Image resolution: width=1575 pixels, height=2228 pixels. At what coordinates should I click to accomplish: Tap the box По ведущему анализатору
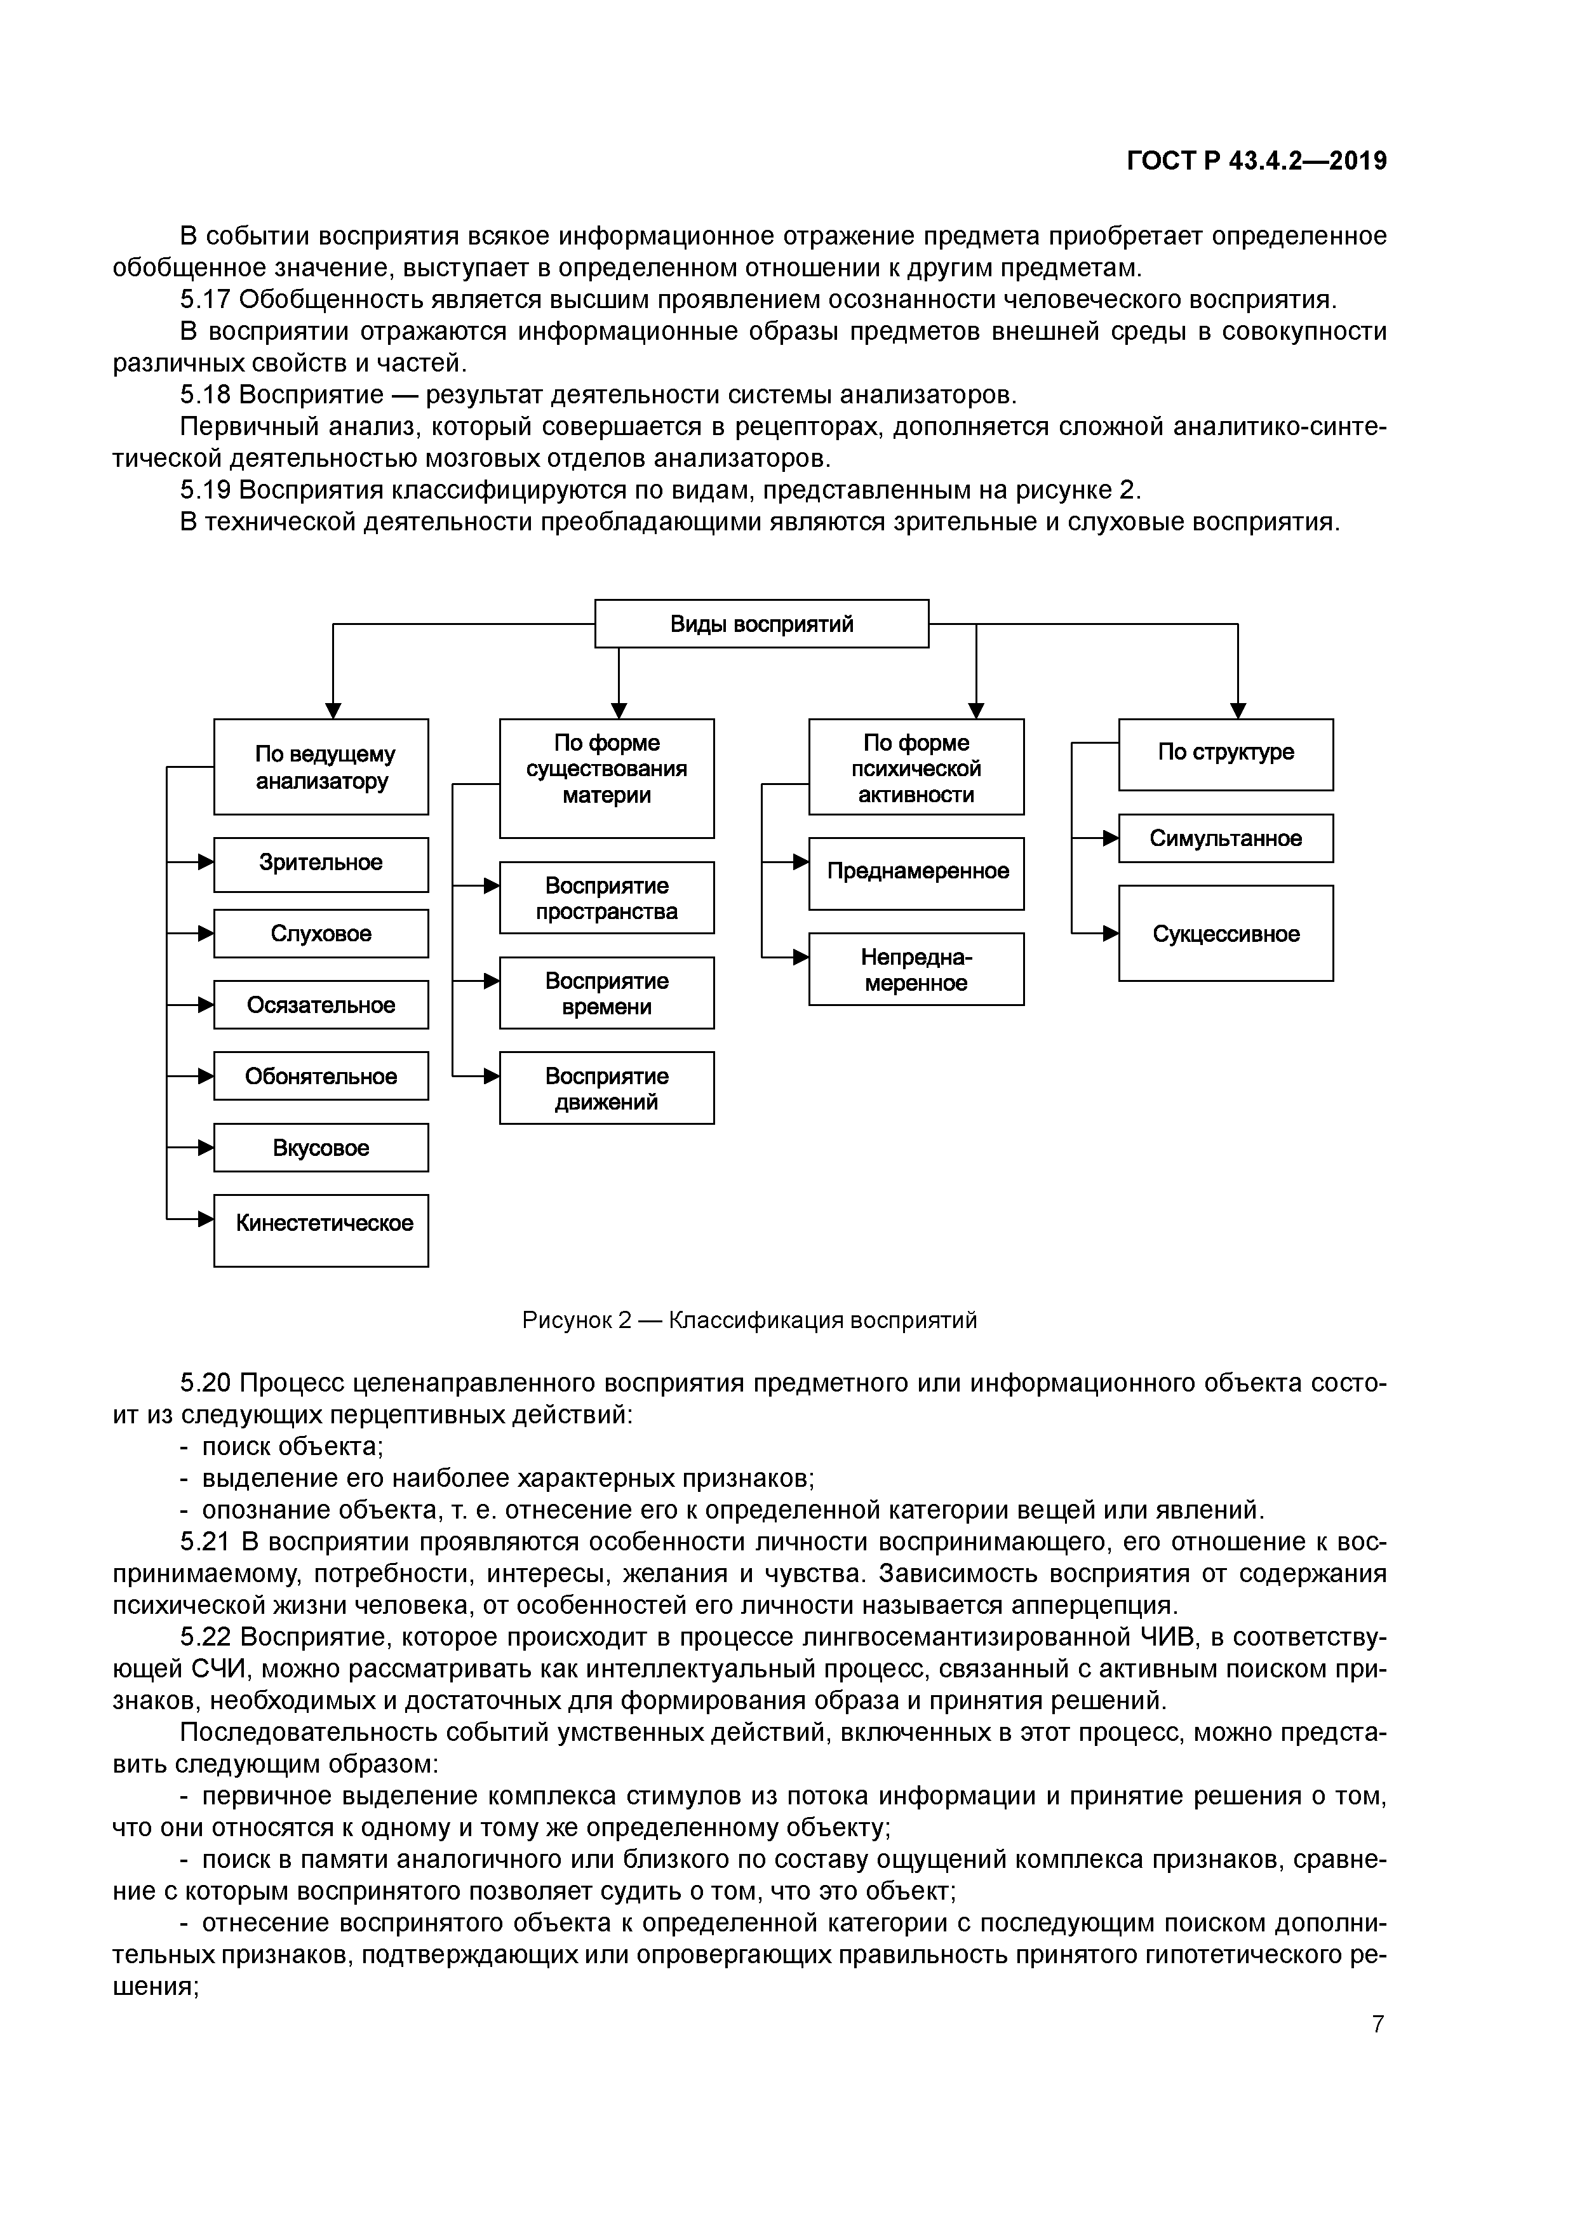(321, 767)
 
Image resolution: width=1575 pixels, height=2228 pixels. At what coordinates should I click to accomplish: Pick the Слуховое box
(321, 934)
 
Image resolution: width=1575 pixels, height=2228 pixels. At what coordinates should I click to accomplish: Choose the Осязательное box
(321, 1005)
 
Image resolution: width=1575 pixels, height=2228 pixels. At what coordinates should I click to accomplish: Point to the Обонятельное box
(321, 1076)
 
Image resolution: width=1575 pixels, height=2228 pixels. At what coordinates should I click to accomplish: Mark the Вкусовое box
(321, 1148)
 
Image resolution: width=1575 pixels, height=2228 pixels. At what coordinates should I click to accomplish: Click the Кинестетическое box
(321, 1230)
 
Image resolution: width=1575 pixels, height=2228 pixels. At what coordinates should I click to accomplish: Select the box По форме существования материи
(607, 777)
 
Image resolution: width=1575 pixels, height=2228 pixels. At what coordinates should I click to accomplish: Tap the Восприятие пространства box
(607, 897)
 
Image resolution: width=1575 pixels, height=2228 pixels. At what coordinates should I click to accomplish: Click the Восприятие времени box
(607, 993)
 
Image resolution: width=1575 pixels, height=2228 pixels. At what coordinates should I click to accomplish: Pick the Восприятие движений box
(607, 1088)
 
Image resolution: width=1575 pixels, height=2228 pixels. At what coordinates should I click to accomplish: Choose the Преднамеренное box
(916, 873)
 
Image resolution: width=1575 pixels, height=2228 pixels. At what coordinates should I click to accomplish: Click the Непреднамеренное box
(916, 969)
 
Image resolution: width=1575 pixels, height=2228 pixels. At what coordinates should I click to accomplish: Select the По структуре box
(1226, 754)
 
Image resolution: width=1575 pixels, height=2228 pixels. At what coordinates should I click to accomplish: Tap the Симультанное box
(1226, 838)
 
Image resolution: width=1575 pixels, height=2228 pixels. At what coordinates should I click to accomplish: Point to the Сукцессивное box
(1226, 934)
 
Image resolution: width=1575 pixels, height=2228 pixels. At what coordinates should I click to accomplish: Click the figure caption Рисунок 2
(749, 1320)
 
